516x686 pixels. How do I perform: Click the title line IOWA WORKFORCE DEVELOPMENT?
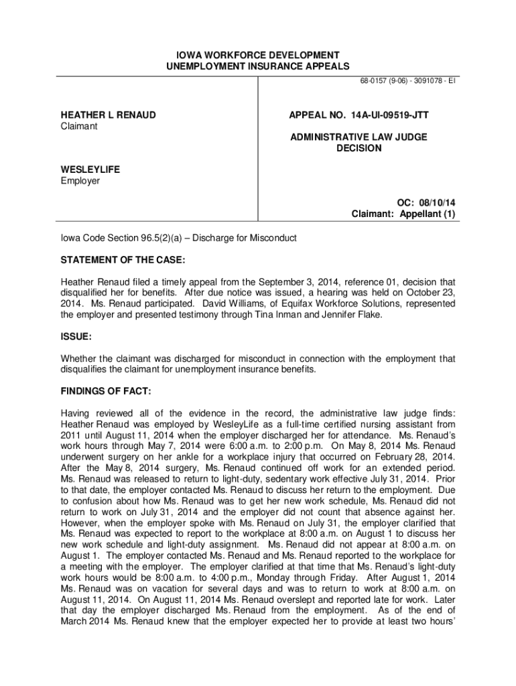click(x=258, y=54)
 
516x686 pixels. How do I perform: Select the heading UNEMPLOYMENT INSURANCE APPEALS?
click(x=258, y=66)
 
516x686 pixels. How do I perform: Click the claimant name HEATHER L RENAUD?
click(x=108, y=115)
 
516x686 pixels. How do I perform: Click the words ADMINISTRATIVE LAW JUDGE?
click(x=359, y=137)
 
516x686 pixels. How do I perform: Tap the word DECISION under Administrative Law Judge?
click(x=359, y=148)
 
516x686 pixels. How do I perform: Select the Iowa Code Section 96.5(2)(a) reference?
click(x=118, y=238)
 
